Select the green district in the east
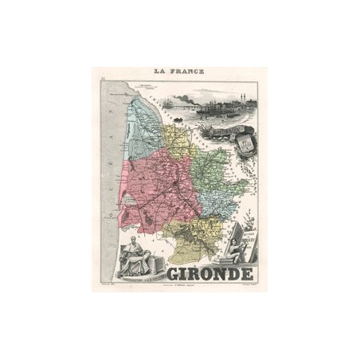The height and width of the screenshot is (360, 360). tap(215, 167)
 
